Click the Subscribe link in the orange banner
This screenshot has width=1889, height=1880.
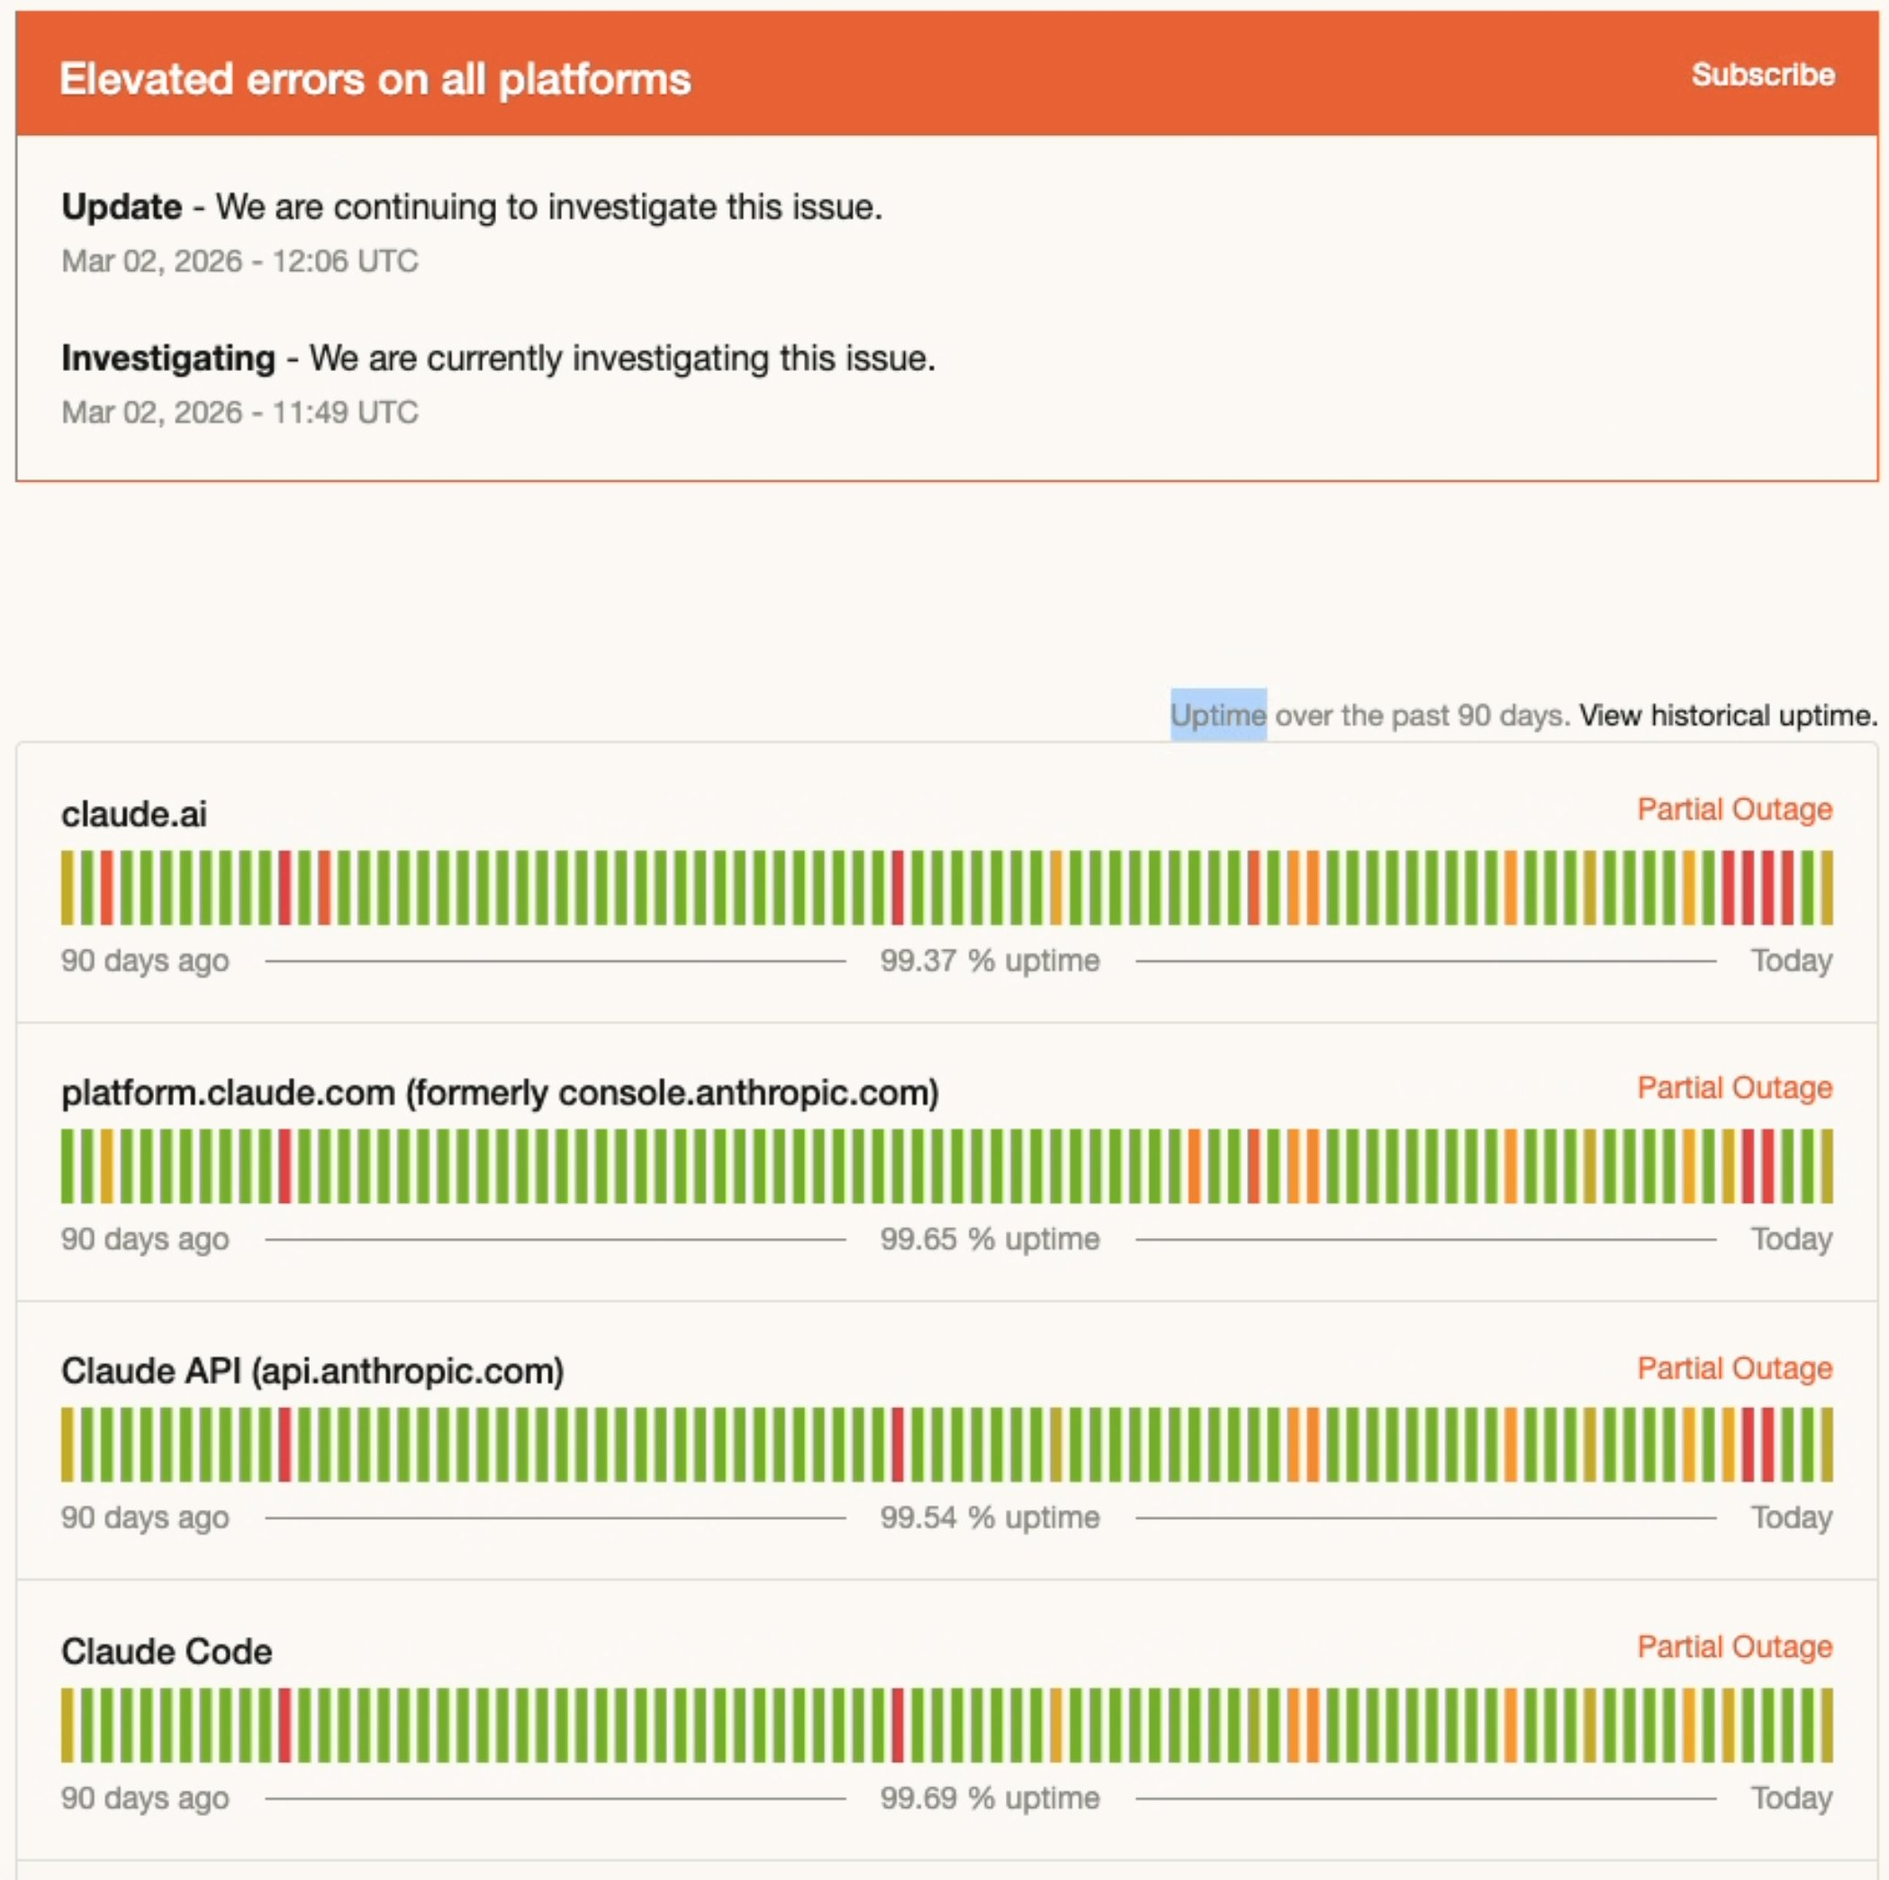click(1762, 76)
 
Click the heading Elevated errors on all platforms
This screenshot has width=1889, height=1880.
click(375, 79)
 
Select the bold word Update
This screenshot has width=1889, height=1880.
click(122, 207)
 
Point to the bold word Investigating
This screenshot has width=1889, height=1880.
click(168, 358)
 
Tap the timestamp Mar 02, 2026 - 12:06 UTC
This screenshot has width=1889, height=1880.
click(240, 261)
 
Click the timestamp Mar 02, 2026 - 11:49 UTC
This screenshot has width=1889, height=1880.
click(240, 412)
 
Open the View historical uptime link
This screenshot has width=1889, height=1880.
click(1728, 716)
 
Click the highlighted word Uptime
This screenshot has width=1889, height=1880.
click(1218, 716)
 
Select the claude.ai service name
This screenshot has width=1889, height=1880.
click(134, 814)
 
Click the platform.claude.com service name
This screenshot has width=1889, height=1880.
click(500, 1093)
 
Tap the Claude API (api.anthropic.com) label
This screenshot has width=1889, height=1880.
click(312, 1371)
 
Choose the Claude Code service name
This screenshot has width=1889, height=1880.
click(167, 1652)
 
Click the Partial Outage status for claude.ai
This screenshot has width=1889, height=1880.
click(1733, 809)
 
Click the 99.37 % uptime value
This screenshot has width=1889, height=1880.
click(990, 961)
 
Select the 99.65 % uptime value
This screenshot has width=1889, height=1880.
click(990, 1240)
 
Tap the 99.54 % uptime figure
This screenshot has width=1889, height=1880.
click(990, 1518)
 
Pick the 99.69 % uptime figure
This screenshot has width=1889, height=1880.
click(990, 1799)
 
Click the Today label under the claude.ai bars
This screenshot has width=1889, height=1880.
click(1791, 961)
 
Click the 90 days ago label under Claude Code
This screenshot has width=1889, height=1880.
click(145, 1799)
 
